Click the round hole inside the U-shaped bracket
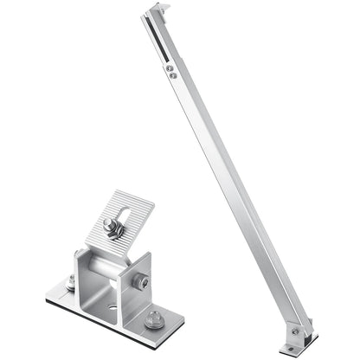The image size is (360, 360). point(111,305)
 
